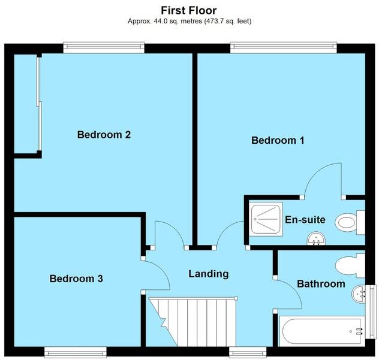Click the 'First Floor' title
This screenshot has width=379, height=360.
pyautogui.click(x=189, y=10)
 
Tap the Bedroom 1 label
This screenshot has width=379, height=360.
pyautogui.click(x=278, y=141)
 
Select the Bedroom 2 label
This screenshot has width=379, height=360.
pyautogui.click(x=104, y=135)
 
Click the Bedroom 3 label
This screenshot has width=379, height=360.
pyautogui.click(x=76, y=279)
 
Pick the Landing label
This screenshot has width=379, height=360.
pyautogui.click(x=209, y=274)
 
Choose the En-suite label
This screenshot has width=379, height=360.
pyautogui.click(x=305, y=220)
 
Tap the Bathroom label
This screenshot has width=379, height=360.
pyautogui.click(x=321, y=283)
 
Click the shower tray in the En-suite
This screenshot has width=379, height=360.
pyautogui.click(x=266, y=219)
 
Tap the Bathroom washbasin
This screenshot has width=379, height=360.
pyautogui.click(x=359, y=293)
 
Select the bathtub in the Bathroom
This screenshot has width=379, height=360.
pyautogui.click(x=321, y=331)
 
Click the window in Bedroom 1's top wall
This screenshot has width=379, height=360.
pyautogui.click(x=282, y=46)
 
